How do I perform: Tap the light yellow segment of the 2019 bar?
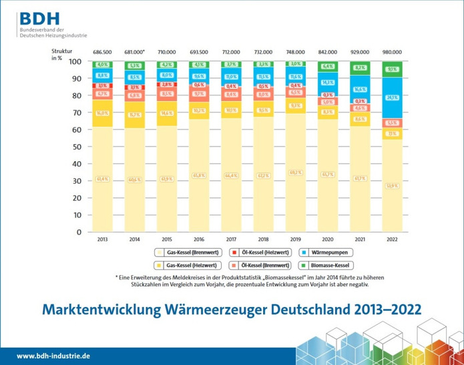295,172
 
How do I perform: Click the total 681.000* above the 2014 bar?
135,51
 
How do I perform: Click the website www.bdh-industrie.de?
53,356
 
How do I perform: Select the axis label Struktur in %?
61,55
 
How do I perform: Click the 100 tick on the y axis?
75,62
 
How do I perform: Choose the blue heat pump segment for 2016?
199,77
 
